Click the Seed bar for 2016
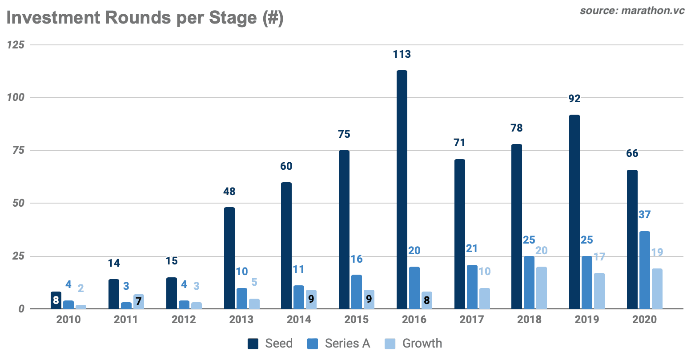[x=402, y=189]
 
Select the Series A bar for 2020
[x=644, y=270]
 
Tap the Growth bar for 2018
[x=541, y=288]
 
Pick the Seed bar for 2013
[x=229, y=258]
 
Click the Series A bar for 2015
[x=356, y=292]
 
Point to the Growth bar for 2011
[x=138, y=301]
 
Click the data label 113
[x=402, y=55]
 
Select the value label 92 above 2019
[x=574, y=99]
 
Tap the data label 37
[x=644, y=215]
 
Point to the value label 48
[x=229, y=192]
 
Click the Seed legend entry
[x=270, y=344]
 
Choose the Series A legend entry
[x=338, y=344]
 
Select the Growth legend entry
[x=413, y=344]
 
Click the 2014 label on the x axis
[x=299, y=320]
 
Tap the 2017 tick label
[x=471, y=320]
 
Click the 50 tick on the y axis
[x=18, y=203]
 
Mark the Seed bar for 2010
[x=56, y=300]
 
